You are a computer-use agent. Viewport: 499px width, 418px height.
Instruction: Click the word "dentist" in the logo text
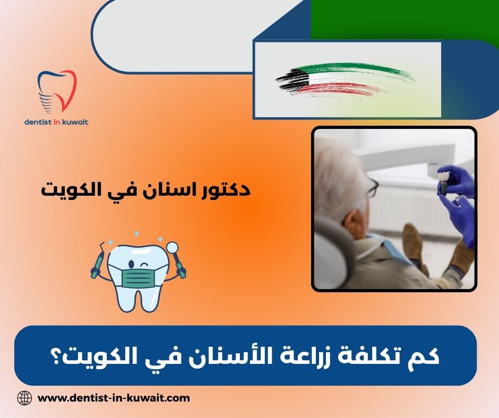[39, 121]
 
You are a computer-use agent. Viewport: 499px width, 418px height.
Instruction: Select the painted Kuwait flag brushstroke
[345, 81]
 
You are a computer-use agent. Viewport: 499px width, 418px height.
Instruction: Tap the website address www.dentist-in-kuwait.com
[114, 397]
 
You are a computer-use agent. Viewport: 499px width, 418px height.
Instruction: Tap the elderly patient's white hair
[340, 175]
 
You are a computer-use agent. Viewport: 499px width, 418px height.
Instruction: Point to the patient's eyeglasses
[373, 187]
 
